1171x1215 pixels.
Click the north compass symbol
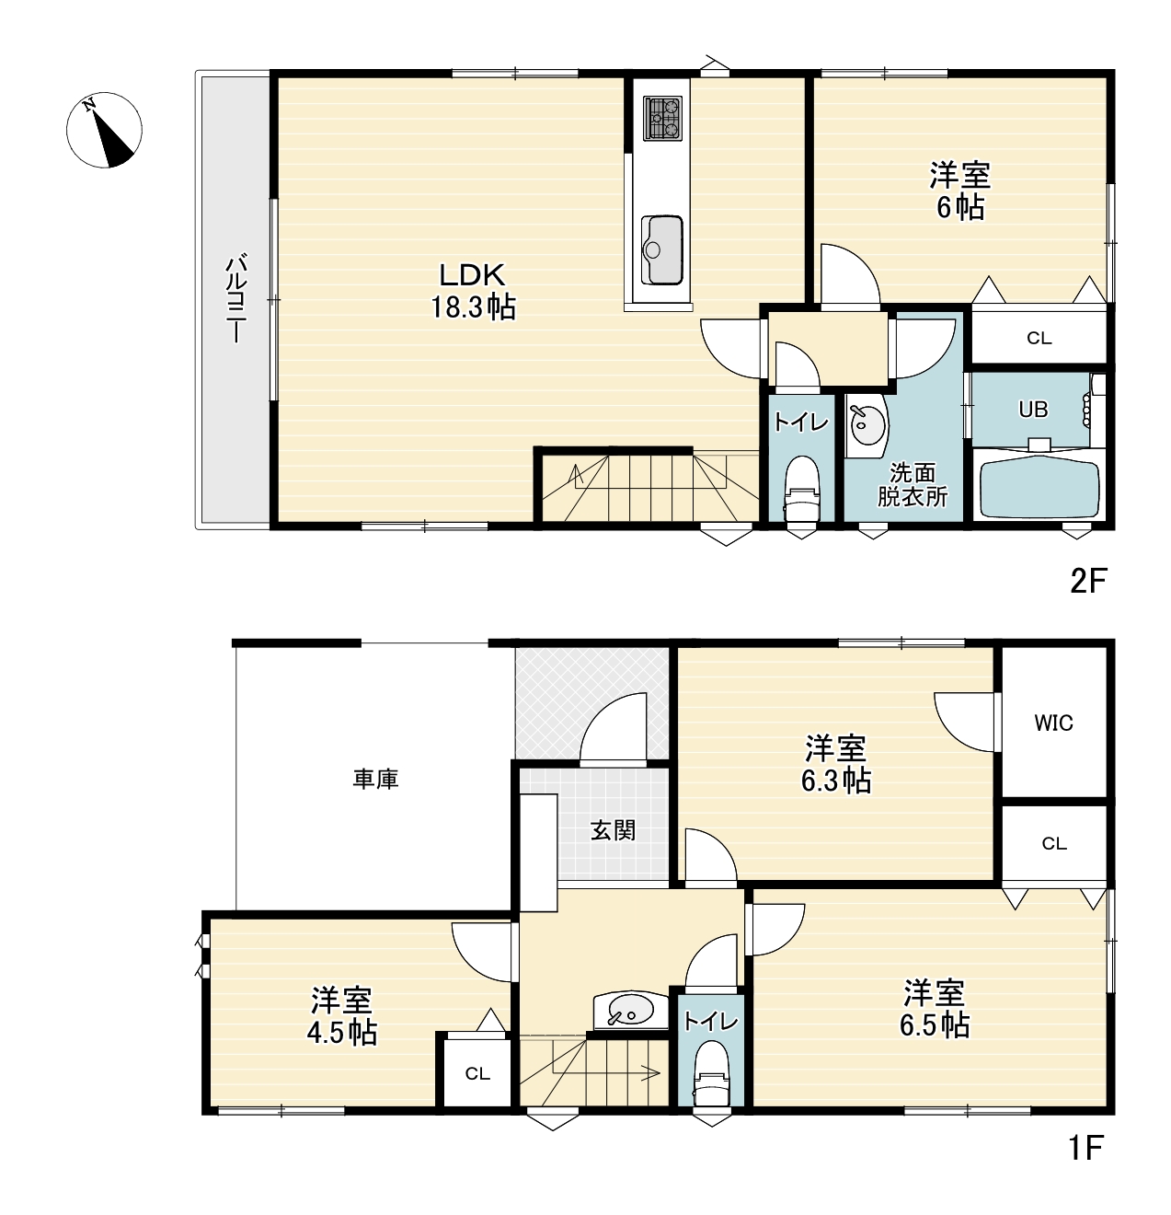(x=104, y=130)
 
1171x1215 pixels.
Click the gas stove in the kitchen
(x=662, y=119)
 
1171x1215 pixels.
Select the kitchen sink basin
(x=661, y=249)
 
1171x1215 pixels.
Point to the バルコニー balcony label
(x=235, y=298)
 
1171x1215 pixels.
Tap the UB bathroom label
(x=1032, y=410)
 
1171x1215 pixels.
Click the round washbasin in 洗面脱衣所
(x=866, y=425)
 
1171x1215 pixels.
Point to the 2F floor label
(x=1087, y=582)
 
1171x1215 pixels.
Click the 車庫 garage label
(x=375, y=779)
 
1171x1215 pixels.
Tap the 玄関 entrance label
(x=613, y=830)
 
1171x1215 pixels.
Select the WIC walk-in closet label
(x=1053, y=723)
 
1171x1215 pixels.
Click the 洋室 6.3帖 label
(x=835, y=765)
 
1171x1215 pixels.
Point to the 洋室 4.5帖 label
(x=341, y=1017)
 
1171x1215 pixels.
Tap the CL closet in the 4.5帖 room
(x=477, y=1074)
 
